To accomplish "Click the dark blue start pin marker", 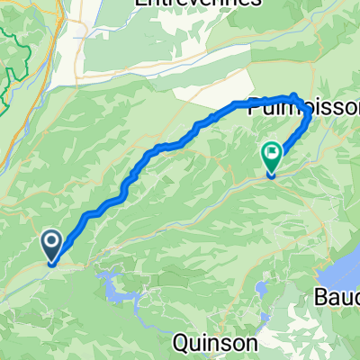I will pyautogui.click(x=50, y=243).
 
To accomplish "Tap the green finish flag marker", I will pyautogui.click(x=271, y=156).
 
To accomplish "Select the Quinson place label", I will pyautogui.click(x=215, y=343).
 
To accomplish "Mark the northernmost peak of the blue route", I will pyautogui.click(x=293, y=95).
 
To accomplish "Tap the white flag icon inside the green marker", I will pyautogui.click(x=271, y=153).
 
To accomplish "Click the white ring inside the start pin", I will pyautogui.click(x=50, y=240).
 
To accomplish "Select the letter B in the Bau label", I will pyautogui.click(x=321, y=297).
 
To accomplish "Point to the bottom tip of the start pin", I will pyautogui.click(x=51, y=263).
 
